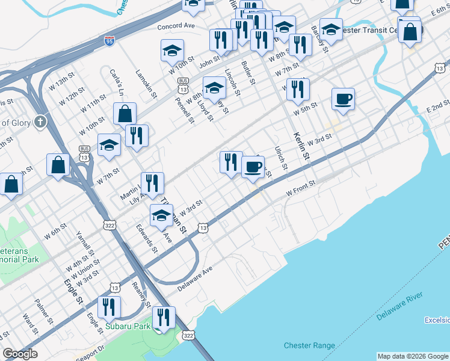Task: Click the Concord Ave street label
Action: coord(176,26)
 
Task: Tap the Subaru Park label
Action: coord(127,327)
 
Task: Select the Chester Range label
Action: coord(309,345)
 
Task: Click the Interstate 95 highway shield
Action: coord(109,41)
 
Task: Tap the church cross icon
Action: coord(41,122)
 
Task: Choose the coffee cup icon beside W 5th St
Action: coord(343,99)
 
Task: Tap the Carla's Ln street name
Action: coord(116,82)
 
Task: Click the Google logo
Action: coord(20,354)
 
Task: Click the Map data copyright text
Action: coord(413,356)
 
